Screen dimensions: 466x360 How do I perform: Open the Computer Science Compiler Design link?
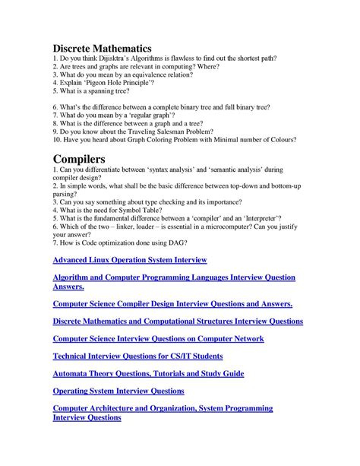(x=172, y=303)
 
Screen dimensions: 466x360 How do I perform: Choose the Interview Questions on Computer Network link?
(x=158, y=339)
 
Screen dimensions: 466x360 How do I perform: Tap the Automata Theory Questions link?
(x=147, y=373)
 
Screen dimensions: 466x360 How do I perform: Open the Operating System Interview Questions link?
(x=118, y=391)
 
